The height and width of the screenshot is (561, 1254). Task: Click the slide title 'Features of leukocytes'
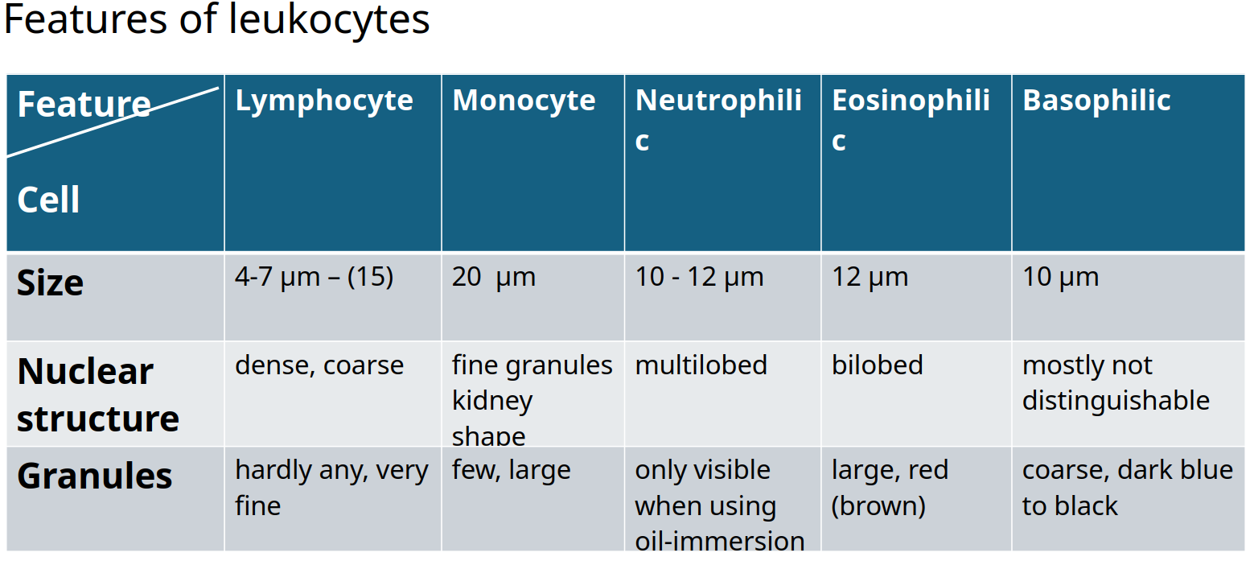click(216, 19)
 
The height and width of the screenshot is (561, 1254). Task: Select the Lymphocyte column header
click(324, 101)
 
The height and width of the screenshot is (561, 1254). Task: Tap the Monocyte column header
click(524, 101)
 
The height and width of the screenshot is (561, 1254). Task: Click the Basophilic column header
click(1096, 101)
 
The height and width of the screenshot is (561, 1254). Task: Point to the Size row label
click(51, 283)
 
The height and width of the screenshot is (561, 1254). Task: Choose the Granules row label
click(95, 476)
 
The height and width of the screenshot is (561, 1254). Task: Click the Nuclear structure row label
click(98, 394)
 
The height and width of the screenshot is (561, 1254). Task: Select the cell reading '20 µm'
click(494, 277)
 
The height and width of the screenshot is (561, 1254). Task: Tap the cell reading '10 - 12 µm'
click(699, 277)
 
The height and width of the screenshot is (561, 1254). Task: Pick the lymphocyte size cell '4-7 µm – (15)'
click(314, 277)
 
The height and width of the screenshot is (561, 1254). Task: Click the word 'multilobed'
click(701, 365)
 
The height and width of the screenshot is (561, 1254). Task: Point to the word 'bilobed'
click(878, 365)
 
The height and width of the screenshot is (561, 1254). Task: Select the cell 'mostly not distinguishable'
click(1116, 384)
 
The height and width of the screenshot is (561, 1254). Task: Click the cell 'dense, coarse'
click(319, 366)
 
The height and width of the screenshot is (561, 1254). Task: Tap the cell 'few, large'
click(511, 471)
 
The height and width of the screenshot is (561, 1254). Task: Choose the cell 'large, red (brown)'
click(890, 488)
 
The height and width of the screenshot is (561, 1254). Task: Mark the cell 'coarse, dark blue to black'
click(1128, 488)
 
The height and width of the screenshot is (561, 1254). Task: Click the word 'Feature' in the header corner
click(84, 105)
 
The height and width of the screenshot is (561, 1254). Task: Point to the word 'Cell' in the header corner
click(48, 200)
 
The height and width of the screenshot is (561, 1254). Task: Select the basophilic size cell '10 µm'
click(1060, 277)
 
